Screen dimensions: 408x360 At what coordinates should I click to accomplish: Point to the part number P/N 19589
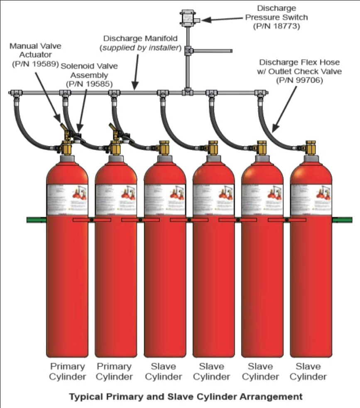(x=34, y=64)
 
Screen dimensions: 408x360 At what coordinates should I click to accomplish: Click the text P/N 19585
(x=88, y=83)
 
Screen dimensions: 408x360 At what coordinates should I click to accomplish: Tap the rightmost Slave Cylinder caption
(x=308, y=371)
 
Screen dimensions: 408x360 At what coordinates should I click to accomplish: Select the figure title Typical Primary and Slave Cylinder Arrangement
(x=186, y=397)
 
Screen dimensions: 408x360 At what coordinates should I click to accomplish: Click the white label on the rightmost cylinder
(x=311, y=199)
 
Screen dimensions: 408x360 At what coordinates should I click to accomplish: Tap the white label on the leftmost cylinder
(x=67, y=199)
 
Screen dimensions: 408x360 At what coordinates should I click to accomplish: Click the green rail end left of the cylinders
(x=36, y=219)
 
